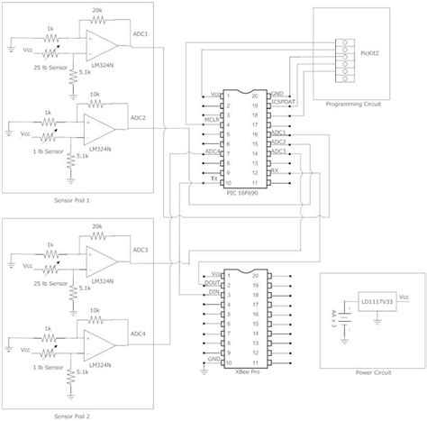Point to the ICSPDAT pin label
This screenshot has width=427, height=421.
pos(283,105)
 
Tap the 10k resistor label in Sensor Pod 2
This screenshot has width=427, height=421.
pos(95,311)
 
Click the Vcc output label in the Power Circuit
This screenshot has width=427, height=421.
pos(404,296)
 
